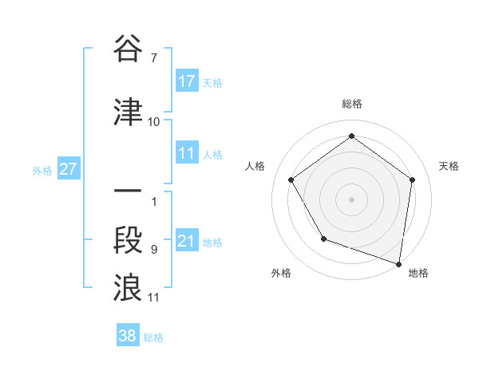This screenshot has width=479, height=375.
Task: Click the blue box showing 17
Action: point(187,81)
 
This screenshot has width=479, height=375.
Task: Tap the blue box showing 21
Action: point(187,241)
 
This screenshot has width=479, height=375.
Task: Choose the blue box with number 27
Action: point(68,169)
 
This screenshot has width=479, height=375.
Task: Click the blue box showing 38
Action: point(128,336)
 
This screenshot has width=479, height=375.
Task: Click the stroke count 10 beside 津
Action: point(153,122)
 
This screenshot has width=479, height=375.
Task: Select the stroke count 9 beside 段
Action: point(153,250)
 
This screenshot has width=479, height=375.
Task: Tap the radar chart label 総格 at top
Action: point(351,104)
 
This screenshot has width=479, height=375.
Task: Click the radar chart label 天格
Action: point(449,166)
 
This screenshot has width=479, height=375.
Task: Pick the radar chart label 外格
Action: point(281,273)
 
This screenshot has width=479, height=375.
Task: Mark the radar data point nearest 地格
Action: point(398,262)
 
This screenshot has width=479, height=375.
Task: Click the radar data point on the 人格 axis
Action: point(291,180)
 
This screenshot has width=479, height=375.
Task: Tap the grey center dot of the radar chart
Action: point(351,199)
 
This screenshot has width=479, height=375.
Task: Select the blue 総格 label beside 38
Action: point(153,337)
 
